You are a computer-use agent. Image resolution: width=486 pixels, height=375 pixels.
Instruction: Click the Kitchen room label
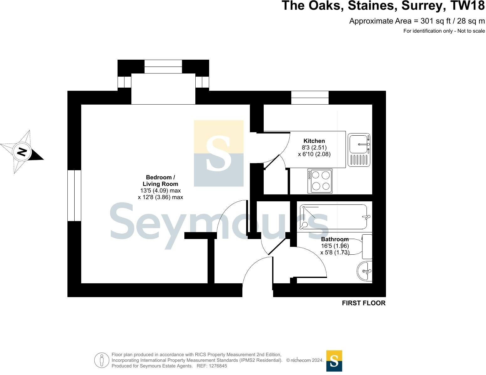pos(314,141)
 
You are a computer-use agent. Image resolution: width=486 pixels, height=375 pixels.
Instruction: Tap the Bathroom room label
pos(335,239)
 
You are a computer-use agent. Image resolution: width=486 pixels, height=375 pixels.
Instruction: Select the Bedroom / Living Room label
pos(160,181)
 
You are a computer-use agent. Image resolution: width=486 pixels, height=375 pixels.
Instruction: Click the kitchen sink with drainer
pos(359,149)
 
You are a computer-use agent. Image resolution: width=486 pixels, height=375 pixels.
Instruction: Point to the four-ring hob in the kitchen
pos(320,181)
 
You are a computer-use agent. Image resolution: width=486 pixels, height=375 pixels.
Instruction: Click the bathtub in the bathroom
pos(334,217)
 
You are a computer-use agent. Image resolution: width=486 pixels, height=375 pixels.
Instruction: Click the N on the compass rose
pos(22,152)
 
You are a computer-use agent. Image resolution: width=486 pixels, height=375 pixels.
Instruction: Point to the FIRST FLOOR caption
pos(363,303)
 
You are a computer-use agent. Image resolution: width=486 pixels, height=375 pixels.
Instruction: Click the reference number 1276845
pos(217,366)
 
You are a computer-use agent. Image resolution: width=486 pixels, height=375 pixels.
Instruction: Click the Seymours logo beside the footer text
pos(334,361)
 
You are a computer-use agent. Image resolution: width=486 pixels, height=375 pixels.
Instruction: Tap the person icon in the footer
pos(101,360)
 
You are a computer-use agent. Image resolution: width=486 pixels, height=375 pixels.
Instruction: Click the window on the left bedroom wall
pos(74,196)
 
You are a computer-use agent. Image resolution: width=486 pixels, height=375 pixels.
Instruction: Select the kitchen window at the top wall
pos(310,98)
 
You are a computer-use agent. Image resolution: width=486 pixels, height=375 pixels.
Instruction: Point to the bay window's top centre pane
pos(163,67)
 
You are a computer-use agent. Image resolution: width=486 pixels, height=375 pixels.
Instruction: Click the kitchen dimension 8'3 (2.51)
pos(314,148)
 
